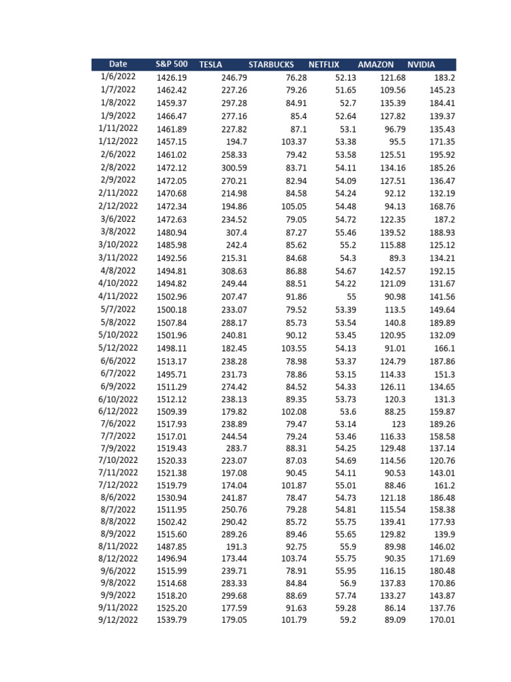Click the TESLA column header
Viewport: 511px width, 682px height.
(x=210, y=65)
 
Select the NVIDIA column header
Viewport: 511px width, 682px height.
(x=421, y=65)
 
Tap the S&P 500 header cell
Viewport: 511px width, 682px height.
(x=172, y=65)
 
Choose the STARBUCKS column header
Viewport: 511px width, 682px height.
(x=271, y=65)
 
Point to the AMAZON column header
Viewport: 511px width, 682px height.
(x=375, y=65)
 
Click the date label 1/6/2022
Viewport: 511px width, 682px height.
(x=118, y=77)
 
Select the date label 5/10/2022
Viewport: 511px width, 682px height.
(x=118, y=335)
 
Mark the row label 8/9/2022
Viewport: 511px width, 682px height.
(x=118, y=534)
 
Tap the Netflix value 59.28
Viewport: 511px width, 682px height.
(x=345, y=608)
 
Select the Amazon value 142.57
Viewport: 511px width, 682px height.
(x=392, y=271)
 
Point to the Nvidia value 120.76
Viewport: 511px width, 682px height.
(x=441, y=460)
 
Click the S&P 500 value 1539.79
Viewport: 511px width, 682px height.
(x=172, y=621)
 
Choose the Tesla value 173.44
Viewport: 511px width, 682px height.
(x=234, y=559)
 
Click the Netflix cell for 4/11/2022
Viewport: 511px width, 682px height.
(x=347, y=296)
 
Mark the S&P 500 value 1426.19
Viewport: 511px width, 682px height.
(x=172, y=77)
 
